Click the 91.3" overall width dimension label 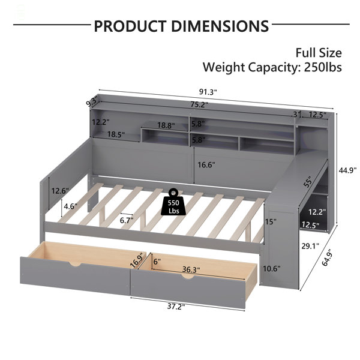click(208, 92)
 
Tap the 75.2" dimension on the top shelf click(199, 104)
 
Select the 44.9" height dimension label click(348, 170)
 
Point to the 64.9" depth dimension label click(328, 257)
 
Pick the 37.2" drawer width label click(176, 306)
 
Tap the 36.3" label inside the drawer click(191, 269)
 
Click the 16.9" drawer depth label click(138, 260)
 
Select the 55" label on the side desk click(307, 182)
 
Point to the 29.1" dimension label click(310, 247)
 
